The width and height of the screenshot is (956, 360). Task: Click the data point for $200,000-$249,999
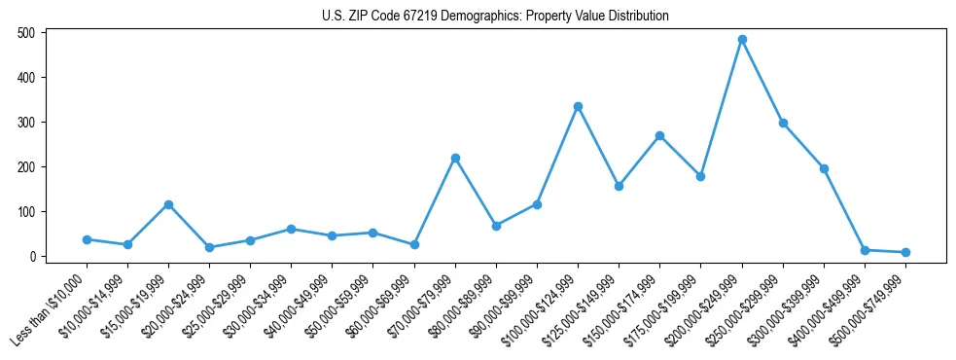742,40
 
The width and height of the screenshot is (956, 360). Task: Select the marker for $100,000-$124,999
578,106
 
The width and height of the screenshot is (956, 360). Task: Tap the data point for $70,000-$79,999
455,158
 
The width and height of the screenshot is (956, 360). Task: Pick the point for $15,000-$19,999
168,204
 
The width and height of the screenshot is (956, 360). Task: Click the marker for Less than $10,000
87,239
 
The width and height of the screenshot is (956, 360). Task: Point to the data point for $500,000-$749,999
905,252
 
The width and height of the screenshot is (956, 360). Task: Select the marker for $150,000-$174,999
659,136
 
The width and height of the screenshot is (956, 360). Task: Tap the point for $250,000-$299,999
783,124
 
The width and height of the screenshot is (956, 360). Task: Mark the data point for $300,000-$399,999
824,168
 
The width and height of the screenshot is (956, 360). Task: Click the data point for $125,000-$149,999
619,186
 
